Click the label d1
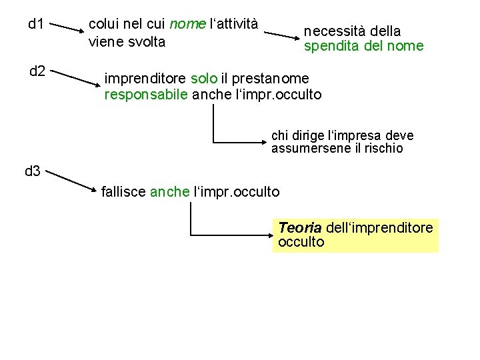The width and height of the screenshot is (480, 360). (36, 25)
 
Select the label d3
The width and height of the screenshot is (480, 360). (33, 171)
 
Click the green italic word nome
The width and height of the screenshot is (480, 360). (187, 25)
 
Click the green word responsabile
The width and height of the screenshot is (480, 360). (146, 95)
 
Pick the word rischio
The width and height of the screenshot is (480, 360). (381, 148)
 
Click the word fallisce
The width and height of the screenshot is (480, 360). (124, 192)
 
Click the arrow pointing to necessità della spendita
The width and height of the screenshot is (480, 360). (280, 35)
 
